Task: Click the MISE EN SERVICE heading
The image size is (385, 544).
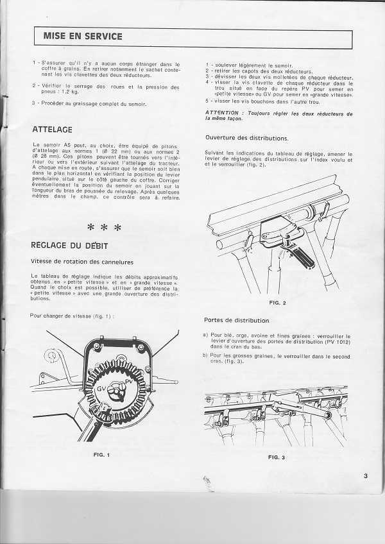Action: (x=82, y=37)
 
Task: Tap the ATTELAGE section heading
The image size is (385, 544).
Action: (x=52, y=130)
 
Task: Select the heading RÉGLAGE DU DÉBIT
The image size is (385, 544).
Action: (x=69, y=246)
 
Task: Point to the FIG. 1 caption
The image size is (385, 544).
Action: (x=102, y=455)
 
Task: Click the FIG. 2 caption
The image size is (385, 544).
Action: (x=278, y=302)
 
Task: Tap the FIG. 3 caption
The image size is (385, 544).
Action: (x=277, y=457)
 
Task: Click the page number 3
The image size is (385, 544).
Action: (x=364, y=475)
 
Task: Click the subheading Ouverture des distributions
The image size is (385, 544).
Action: (x=246, y=139)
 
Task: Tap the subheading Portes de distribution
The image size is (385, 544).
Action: (x=236, y=320)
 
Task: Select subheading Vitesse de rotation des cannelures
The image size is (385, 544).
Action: (x=82, y=261)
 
